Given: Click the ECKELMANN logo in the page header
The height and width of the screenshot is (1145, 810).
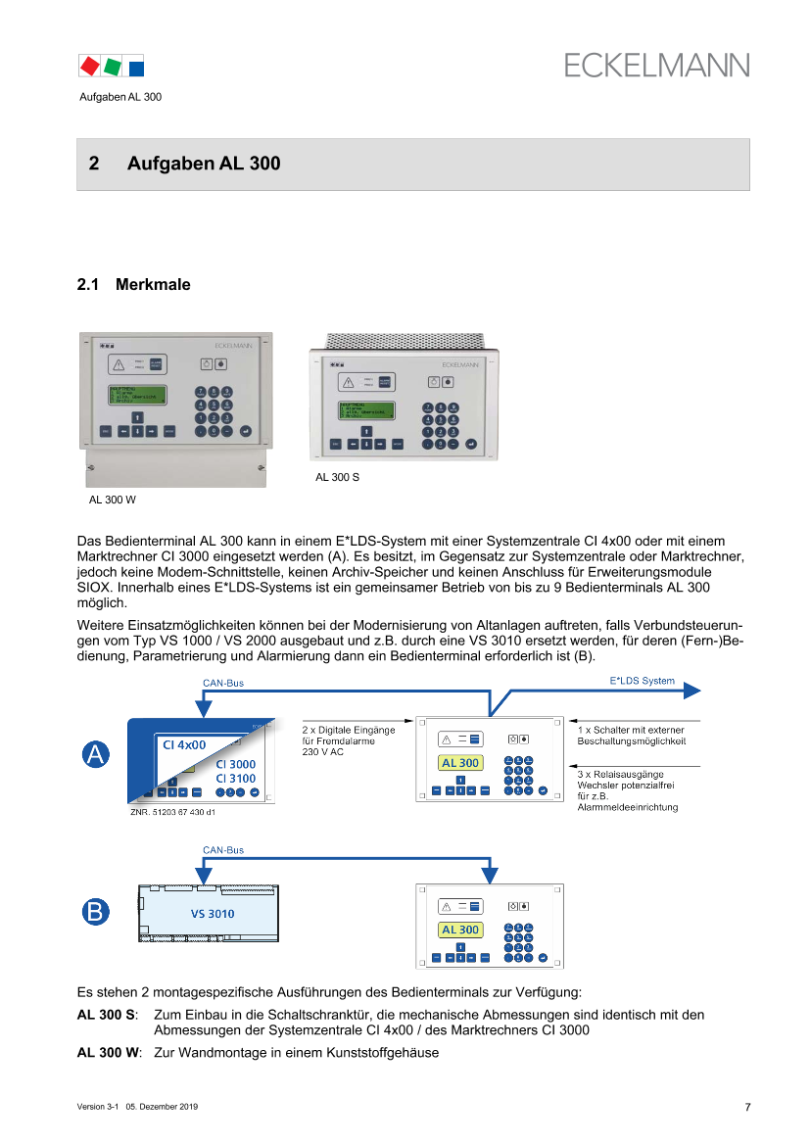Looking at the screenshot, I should [x=656, y=66].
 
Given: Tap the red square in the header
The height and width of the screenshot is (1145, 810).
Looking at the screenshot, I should [x=90, y=66].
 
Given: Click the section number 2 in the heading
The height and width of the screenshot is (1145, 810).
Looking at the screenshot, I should [x=94, y=165].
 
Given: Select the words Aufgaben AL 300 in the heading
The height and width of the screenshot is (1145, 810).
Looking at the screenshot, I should [x=204, y=165].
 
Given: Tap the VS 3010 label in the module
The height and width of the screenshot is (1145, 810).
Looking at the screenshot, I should [x=206, y=914].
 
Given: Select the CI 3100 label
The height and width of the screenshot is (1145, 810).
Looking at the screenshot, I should [x=235, y=779].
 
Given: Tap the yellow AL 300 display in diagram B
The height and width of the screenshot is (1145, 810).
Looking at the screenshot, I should [x=460, y=930].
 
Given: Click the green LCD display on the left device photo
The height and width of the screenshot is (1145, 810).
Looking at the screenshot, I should [x=139, y=400].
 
